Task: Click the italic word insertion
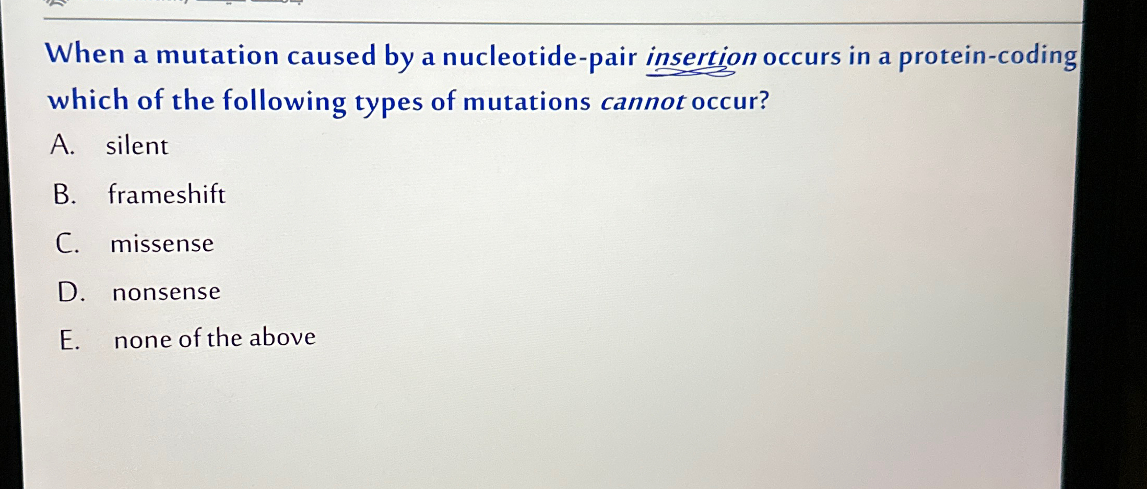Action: click(701, 56)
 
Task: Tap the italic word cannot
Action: click(642, 101)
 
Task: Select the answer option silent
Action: click(137, 146)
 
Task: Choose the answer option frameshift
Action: click(167, 194)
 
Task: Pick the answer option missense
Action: click(162, 243)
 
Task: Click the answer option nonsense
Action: click(166, 292)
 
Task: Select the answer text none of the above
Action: click(215, 338)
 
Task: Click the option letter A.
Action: click(63, 145)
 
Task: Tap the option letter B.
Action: click(65, 194)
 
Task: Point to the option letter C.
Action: click(67, 243)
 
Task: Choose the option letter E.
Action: click(69, 341)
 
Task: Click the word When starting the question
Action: click(85, 54)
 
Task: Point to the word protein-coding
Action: click(987, 56)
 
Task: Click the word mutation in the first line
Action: click(217, 55)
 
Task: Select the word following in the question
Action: click(285, 101)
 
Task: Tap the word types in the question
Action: click(388, 102)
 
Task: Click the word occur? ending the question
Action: click(730, 100)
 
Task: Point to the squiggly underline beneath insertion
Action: click(690, 74)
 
